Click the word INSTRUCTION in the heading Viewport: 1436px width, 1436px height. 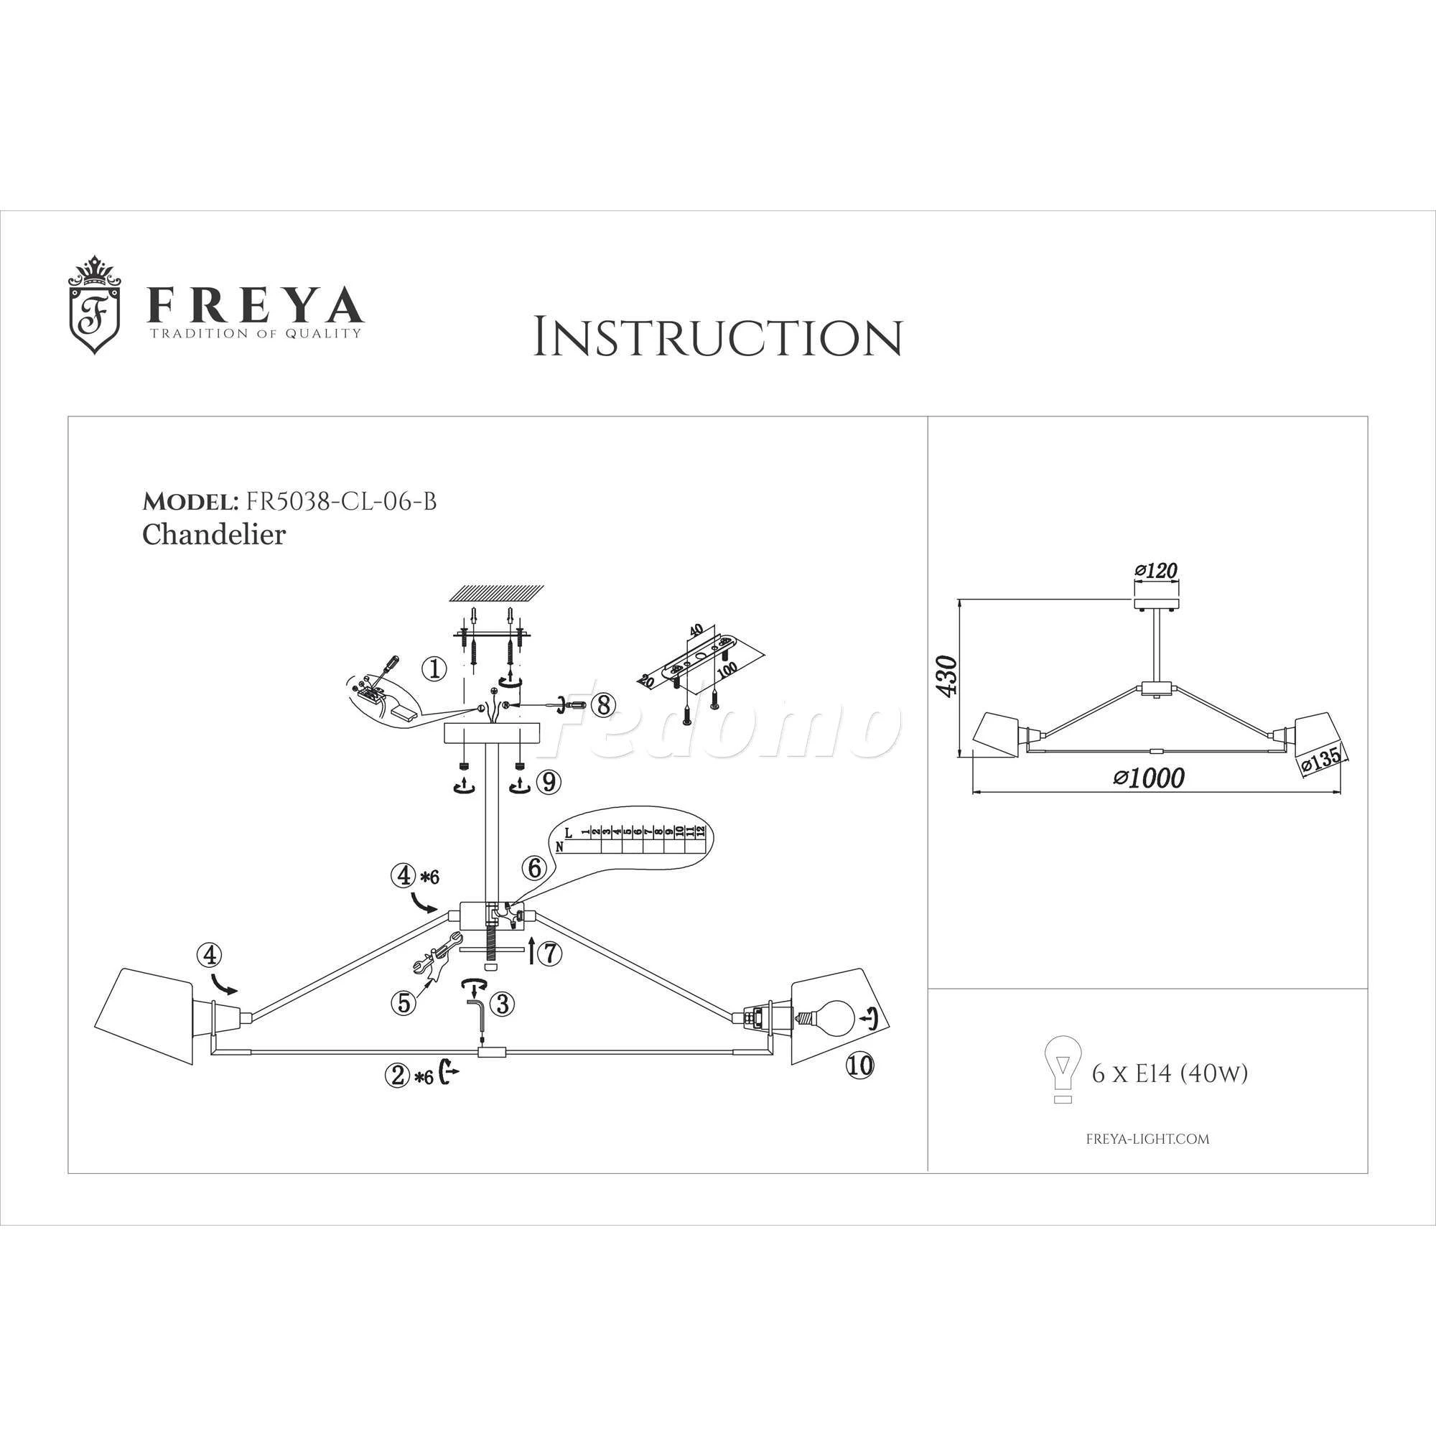718,338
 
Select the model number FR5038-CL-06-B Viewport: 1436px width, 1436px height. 337,502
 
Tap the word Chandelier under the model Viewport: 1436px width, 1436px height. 214,534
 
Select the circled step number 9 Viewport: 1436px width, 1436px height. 549,781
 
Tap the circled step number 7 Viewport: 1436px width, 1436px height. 549,954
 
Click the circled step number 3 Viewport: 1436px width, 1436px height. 503,1004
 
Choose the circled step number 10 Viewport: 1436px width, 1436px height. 860,1066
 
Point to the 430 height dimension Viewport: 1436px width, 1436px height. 947,676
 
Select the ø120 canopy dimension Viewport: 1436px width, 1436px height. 1157,571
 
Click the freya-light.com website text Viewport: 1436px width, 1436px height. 1147,1139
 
